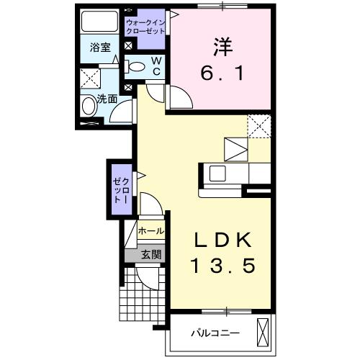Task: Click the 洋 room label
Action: [x=221, y=45]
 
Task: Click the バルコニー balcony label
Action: [x=215, y=333]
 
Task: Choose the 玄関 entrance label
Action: [x=150, y=253]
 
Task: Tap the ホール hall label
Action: [x=150, y=232]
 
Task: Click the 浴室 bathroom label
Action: [x=99, y=49]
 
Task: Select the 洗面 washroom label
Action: [x=107, y=99]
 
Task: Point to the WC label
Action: [x=155, y=66]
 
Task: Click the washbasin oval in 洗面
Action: [x=89, y=107]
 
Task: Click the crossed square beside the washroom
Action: [x=89, y=78]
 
